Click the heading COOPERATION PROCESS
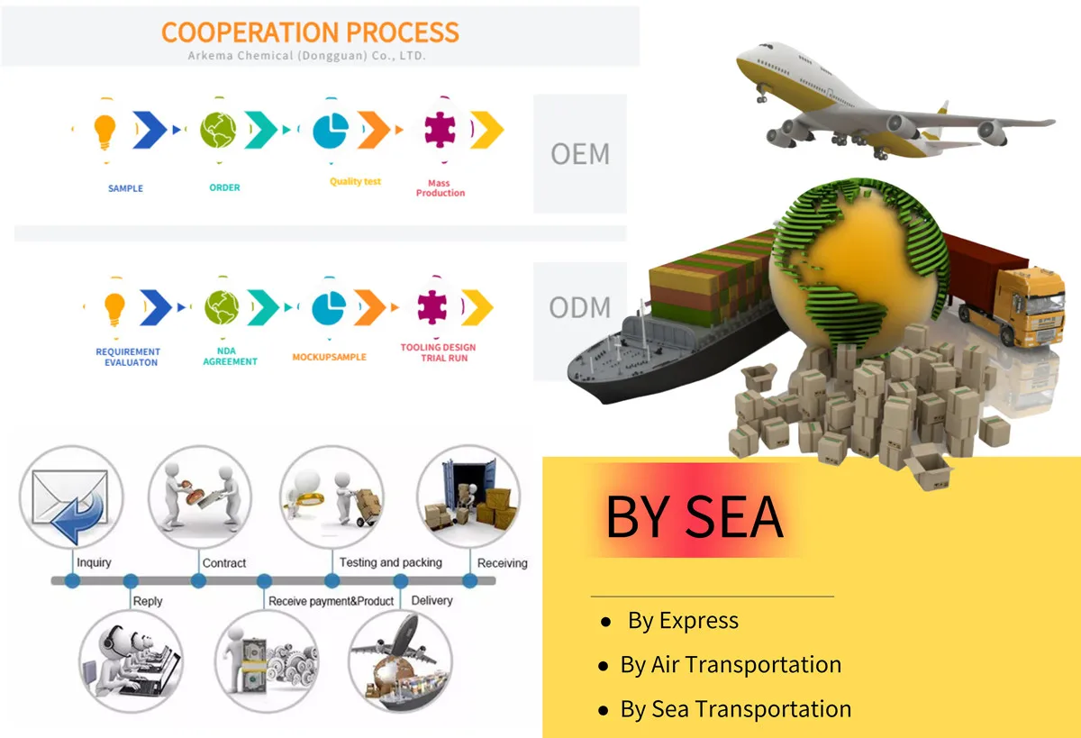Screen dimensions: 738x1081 coord(310,32)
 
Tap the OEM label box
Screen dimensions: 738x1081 coord(580,153)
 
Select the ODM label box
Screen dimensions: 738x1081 coord(580,307)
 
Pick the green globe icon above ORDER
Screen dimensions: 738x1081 coord(218,130)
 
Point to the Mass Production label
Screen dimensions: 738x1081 coord(441,188)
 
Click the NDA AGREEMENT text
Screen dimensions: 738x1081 coord(230,357)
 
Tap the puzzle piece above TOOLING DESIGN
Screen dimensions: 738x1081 coord(437,307)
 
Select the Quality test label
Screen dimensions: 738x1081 coord(355,182)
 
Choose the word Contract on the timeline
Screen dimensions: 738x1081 coord(224,563)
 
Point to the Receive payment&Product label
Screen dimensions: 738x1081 coord(331,601)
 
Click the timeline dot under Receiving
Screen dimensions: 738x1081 coord(469,581)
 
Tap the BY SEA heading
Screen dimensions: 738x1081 coord(694,516)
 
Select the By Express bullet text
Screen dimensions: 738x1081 coord(683,621)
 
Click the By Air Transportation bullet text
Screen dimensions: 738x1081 coord(730,665)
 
